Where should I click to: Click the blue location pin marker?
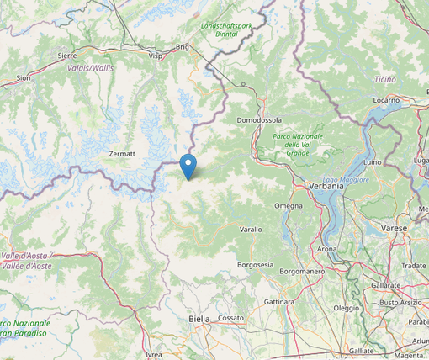click(188, 166)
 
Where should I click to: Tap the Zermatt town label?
click(122, 154)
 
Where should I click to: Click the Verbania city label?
click(326, 186)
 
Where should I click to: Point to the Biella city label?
click(199, 319)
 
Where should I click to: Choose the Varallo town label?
click(251, 229)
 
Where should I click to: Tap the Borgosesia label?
click(255, 264)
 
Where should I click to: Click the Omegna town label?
click(289, 206)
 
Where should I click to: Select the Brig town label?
click(183, 47)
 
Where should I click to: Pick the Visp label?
click(155, 56)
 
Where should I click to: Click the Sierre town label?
click(67, 55)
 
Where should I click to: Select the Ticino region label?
click(384, 78)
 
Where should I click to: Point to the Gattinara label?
click(278, 301)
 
